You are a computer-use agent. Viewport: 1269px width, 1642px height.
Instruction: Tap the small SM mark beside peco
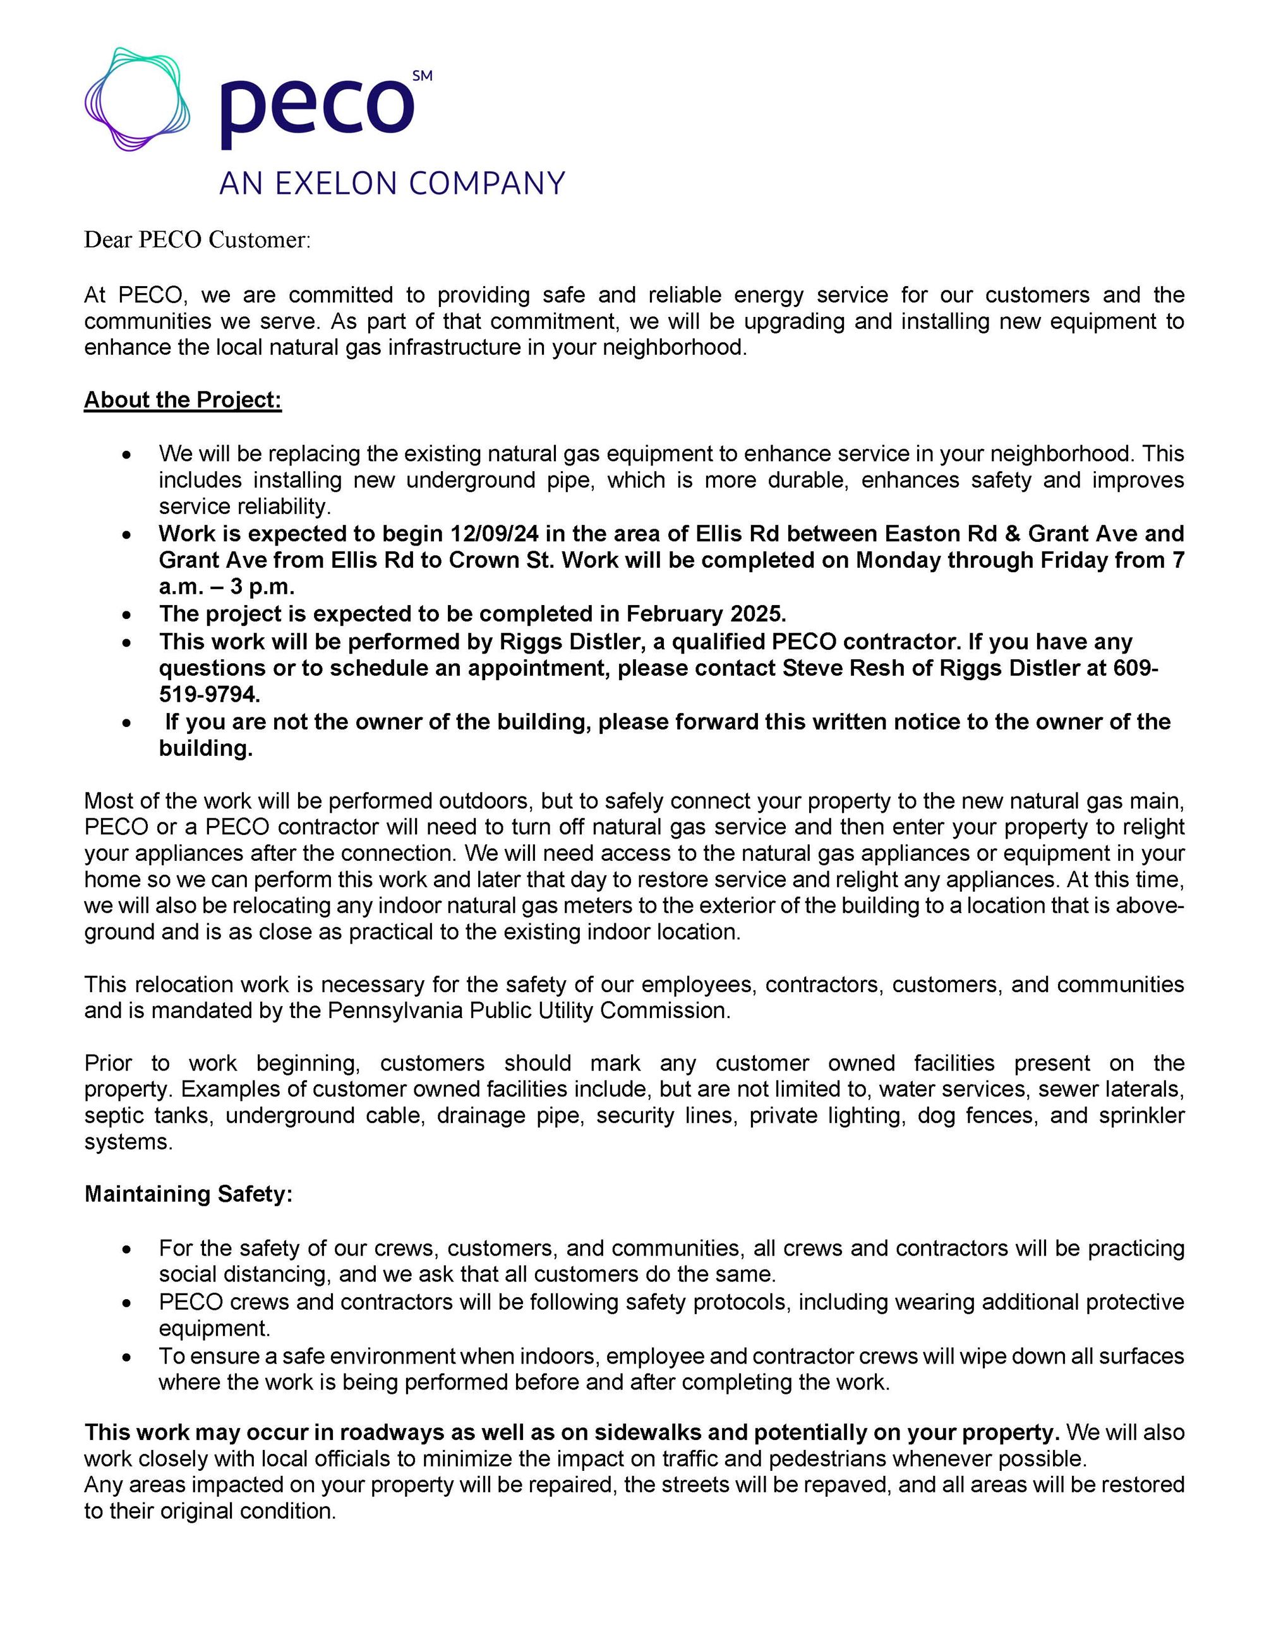point(423,76)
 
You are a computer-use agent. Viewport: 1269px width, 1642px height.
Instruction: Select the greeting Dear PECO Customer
point(197,240)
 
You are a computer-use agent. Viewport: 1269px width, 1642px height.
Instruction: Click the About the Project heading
point(183,400)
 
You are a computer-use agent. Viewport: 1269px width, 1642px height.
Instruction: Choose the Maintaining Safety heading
point(188,1194)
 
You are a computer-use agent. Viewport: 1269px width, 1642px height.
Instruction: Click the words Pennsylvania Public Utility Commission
point(527,1010)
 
